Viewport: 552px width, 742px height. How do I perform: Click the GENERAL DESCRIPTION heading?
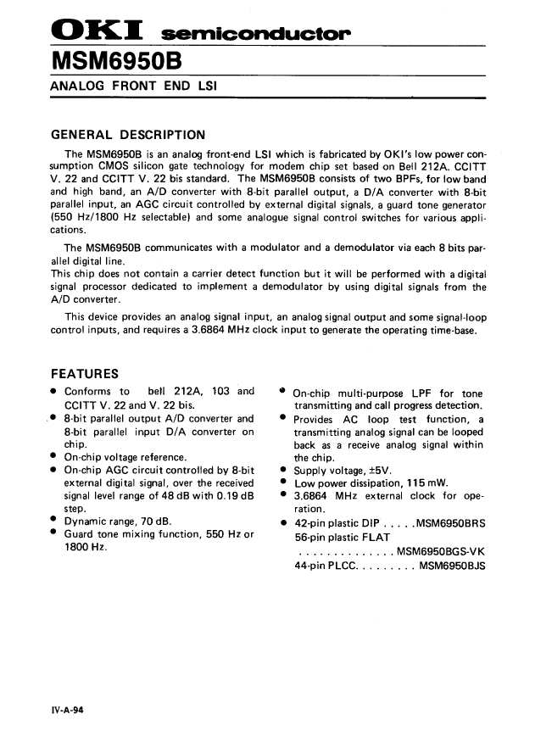(128, 135)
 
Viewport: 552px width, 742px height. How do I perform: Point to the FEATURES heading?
(85, 374)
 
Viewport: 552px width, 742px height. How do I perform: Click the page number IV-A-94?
(67, 711)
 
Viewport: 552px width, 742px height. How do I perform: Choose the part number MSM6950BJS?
(452, 566)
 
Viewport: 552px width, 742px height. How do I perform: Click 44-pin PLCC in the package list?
(326, 566)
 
